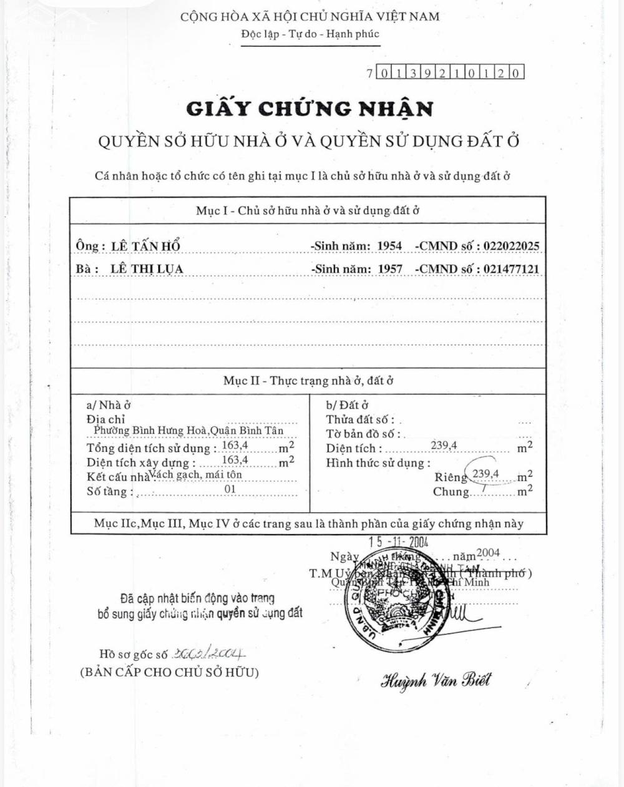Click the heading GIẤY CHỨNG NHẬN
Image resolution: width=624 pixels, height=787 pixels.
pos(310,109)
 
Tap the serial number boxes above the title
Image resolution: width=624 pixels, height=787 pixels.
pos(445,72)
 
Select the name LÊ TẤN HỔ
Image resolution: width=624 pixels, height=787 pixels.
pos(145,246)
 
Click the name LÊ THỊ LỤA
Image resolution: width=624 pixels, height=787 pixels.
pos(147,269)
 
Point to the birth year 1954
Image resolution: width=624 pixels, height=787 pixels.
pos(390,246)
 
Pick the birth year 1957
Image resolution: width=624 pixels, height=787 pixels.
pos(390,269)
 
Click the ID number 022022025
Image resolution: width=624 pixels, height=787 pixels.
pos(511,246)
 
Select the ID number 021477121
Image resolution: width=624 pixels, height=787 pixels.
pos(511,269)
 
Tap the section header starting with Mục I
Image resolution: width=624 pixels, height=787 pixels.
pos(308,210)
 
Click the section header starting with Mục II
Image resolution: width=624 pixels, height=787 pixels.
pos(308,380)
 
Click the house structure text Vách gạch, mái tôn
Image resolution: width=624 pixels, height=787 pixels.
pos(195,474)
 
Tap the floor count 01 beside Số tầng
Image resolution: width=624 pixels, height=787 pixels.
pos(230,489)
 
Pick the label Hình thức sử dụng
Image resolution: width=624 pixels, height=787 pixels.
pos(378,462)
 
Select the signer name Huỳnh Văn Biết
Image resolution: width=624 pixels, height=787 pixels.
pos(435,680)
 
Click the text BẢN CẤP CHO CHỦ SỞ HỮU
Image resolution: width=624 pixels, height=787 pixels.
pos(169,672)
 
